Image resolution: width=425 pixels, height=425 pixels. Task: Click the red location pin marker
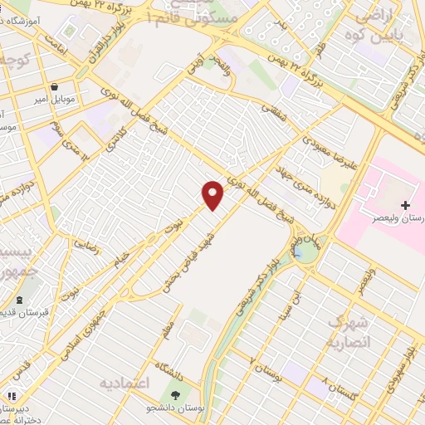[213, 194]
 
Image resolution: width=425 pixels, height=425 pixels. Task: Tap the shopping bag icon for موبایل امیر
[55, 85]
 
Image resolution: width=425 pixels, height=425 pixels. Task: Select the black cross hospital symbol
[405, 204]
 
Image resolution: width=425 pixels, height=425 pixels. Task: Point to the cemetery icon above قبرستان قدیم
[20, 299]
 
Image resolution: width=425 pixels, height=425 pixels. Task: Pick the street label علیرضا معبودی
[330, 152]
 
